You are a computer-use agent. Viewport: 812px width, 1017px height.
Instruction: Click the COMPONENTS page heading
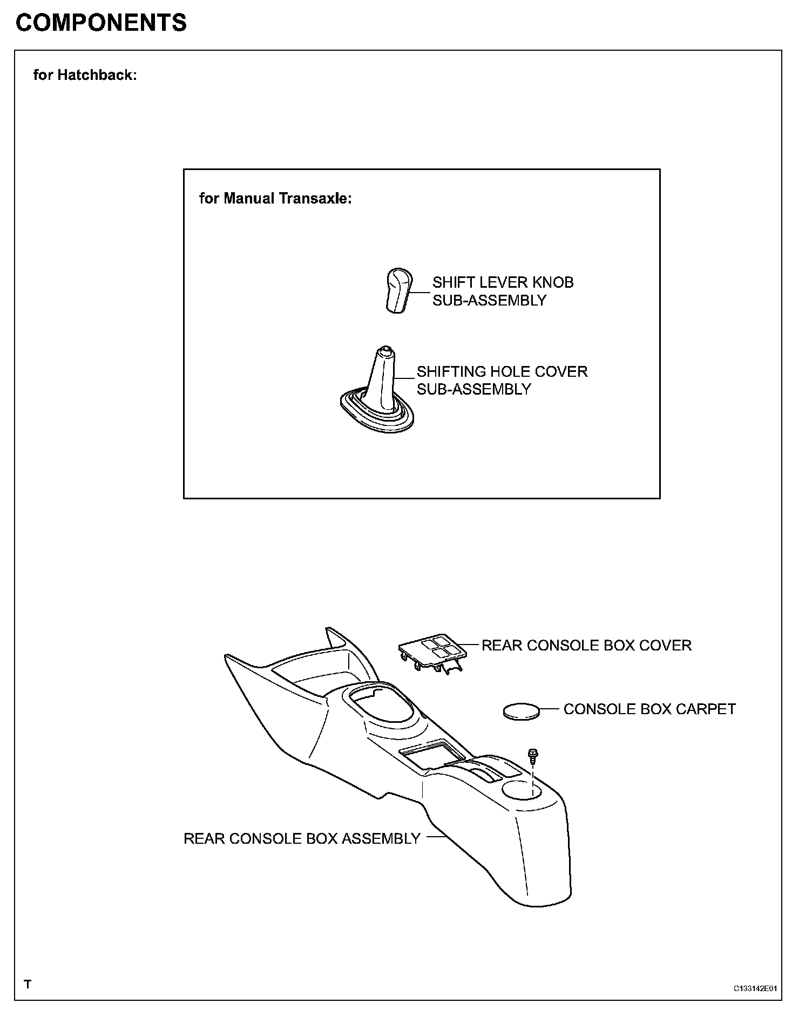click(x=101, y=23)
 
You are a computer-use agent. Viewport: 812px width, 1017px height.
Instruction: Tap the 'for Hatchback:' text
click(x=85, y=74)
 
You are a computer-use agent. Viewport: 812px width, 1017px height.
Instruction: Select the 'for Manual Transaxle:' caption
click(x=275, y=199)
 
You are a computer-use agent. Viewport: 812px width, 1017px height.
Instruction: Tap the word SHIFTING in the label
click(x=451, y=371)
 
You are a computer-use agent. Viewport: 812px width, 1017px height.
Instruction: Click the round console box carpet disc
click(x=521, y=711)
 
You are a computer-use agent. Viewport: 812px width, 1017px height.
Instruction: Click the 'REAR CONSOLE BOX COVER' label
click(x=586, y=646)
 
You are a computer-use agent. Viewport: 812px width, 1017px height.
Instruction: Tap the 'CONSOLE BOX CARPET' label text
click(x=649, y=709)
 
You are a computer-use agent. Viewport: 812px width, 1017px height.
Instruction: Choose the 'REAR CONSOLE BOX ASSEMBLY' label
click(x=302, y=838)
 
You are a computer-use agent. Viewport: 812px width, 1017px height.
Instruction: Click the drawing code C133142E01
click(x=754, y=988)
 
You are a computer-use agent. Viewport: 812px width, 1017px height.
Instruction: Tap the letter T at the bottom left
click(x=28, y=984)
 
